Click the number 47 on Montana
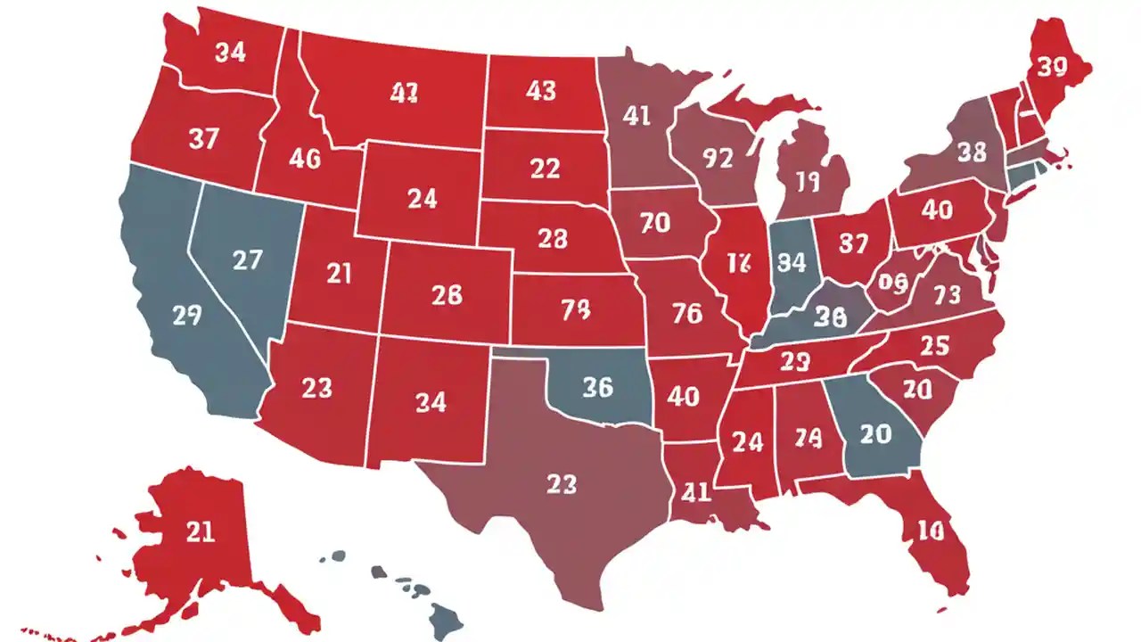point(404,93)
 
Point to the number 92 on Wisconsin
point(717,158)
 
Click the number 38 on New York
point(971,152)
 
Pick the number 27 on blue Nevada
point(247,259)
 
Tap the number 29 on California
point(186,315)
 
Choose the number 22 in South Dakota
point(545,168)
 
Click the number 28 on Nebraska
point(552,238)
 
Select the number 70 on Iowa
point(654,223)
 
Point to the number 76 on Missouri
point(686,313)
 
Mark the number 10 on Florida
point(929,531)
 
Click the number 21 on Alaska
point(200,532)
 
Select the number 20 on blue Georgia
point(875,433)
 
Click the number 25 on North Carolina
point(933,346)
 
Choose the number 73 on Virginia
point(946,293)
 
